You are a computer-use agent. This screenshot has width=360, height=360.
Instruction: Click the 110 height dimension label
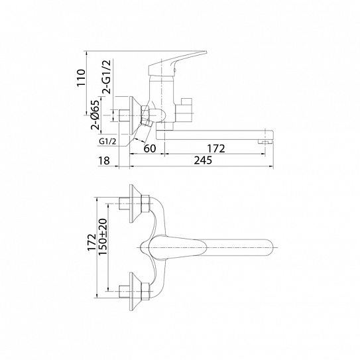pos(81,78)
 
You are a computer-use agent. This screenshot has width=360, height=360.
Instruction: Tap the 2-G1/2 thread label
pos(107,77)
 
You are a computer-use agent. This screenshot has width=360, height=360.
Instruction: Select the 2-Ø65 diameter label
pos(95,115)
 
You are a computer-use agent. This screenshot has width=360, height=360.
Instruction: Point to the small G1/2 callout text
pos(107,142)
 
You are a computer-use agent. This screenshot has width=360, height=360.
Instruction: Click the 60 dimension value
pos(150,149)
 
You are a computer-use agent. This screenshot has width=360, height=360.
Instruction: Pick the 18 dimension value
pos(104,160)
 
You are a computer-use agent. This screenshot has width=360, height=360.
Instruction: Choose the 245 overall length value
pos(203,160)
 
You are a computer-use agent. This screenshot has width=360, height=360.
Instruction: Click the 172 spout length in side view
pos(216,149)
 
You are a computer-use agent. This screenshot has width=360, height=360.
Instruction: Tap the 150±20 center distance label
pos(103,237)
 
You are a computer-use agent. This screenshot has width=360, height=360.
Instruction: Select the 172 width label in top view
pos(92,243)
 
